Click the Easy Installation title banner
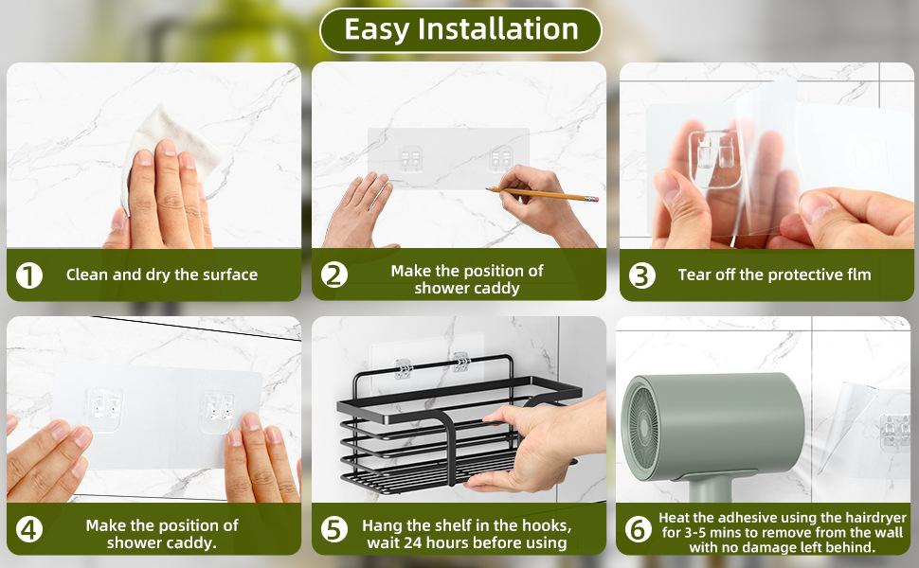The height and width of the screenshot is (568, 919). point(460,30)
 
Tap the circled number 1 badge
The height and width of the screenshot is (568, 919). point(28,275)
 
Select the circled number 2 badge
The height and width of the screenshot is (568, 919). point(334,275)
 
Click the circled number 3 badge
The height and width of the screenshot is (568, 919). point(641,275)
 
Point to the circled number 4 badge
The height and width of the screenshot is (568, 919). point(28,529)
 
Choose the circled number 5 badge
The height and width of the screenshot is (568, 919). point(334,529)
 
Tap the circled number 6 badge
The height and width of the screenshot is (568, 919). point(639,529)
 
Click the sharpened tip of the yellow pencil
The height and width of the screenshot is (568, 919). point(487,188)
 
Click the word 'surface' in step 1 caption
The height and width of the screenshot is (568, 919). point(229,275)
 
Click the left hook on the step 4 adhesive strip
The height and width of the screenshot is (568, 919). point(103,407)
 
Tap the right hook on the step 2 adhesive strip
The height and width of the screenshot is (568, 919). point(502,158)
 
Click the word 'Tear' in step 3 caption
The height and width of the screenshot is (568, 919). point(694,275)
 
